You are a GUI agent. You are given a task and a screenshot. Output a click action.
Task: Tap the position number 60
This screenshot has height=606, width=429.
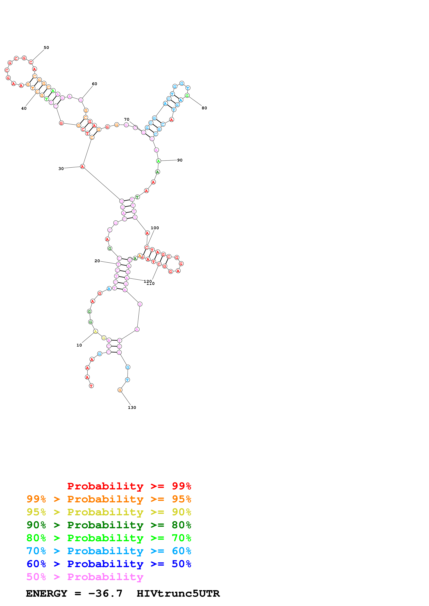94,84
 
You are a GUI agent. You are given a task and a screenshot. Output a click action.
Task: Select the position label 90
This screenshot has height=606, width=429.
180,160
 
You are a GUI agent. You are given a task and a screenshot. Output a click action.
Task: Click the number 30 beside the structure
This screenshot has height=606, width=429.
61,169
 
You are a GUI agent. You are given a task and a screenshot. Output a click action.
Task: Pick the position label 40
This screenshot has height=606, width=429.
24,108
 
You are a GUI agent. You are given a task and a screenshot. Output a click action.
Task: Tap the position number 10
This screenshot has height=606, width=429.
79,345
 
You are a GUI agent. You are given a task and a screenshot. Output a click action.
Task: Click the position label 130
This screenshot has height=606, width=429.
132,408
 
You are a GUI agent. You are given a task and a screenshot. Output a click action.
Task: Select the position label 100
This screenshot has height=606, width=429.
155,228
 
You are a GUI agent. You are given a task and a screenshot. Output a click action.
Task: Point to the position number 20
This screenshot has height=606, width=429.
97,261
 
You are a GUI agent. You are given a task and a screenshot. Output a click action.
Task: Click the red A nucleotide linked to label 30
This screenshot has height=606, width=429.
83,167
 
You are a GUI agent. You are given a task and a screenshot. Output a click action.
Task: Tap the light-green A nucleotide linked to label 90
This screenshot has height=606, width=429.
158,161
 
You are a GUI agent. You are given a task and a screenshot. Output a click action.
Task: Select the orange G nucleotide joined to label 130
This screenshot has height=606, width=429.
120,390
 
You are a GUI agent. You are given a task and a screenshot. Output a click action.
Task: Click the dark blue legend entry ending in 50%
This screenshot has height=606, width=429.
109,564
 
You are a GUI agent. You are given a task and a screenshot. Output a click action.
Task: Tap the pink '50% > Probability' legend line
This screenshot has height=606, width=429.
85,577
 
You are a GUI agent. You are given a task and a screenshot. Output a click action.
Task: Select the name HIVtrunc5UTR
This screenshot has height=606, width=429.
178,594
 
